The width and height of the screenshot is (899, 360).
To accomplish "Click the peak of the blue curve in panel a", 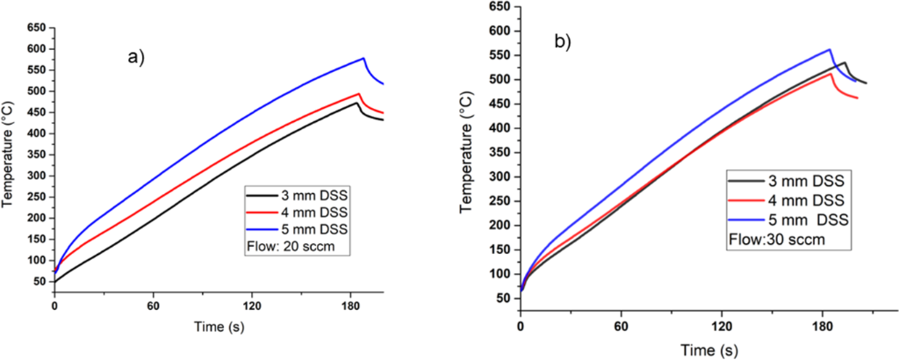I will click(363, 59).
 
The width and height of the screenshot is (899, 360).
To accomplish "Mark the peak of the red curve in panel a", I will click(359, 93).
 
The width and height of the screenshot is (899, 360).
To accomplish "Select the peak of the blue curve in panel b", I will click(830, 49).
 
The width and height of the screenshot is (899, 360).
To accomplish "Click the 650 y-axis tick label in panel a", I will click(34, 28).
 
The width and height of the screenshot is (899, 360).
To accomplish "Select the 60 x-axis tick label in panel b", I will click(621, 324).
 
